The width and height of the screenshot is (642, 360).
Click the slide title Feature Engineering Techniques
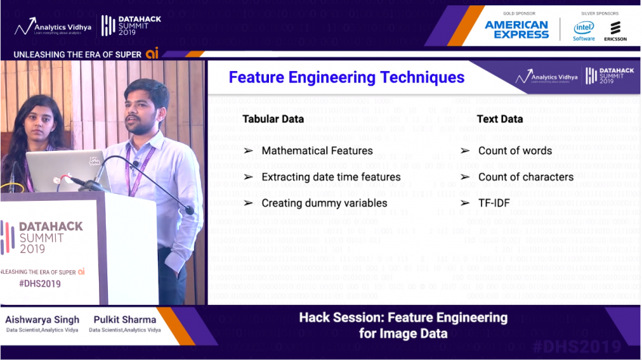[x=347, y=77]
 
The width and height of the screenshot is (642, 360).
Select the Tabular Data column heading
[x=273, y=118]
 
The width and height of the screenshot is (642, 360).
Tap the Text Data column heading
[x=500, y=118]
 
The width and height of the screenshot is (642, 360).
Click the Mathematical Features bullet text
[x=316, y=150]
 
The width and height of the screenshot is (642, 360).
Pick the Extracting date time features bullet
[x=331, y=177]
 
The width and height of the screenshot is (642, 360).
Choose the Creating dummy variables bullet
[x=324, y=203]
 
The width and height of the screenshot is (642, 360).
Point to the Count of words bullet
[x=514, y=150]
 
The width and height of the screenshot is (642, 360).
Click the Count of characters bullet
[x=525, y=177]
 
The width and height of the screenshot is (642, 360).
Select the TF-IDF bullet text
[x=497, y=203]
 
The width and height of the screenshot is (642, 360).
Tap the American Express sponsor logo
[x=517, y=29]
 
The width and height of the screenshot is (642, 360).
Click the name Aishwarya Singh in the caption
[x=42, y=319]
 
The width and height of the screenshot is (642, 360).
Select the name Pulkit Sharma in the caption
[x=125, y=319]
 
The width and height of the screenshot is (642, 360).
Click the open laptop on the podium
[x=68, y=171]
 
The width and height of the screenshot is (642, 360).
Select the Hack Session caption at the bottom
[x=403, y=325]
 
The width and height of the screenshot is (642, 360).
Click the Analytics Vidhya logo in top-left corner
[x=53, y=26]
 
